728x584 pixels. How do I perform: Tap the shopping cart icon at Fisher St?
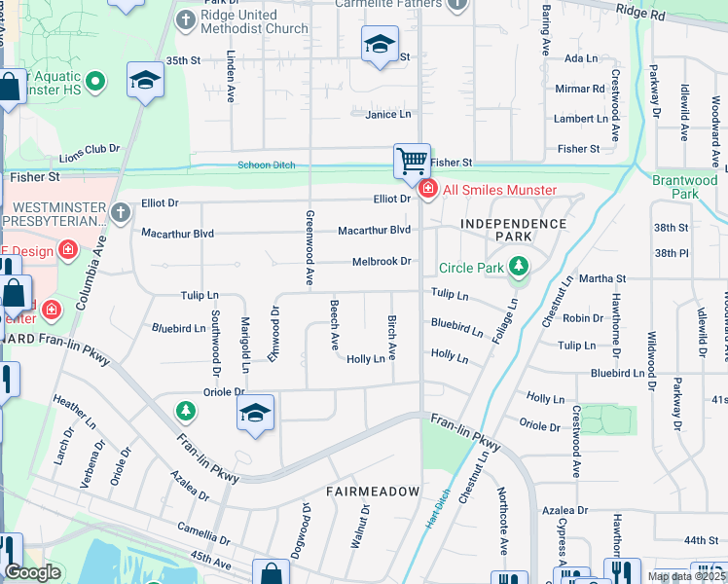(412, 161)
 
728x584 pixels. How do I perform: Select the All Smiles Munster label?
(500, 189)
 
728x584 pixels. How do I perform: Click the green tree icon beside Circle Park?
(519, 267)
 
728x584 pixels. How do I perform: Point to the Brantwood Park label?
(685, 187)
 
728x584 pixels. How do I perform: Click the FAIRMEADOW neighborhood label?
(372, 492)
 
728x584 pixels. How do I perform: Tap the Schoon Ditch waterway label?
(267, 165)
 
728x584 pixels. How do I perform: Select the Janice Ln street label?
(388, 115)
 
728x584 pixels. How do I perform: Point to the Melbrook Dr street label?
(382, 262)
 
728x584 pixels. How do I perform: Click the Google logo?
(32, 573)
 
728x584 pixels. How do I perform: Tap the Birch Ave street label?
(392, 335)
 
